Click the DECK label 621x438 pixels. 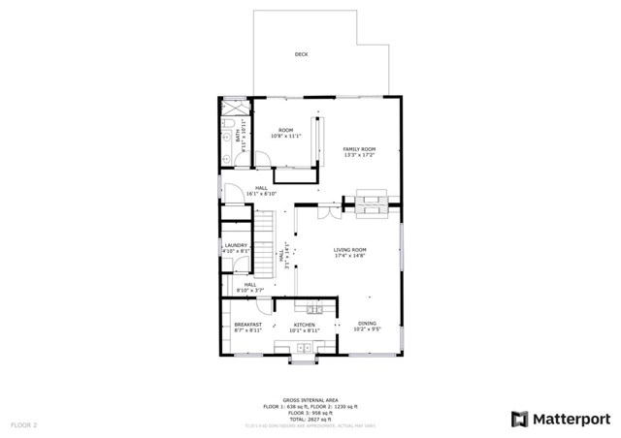[x=302, y=54]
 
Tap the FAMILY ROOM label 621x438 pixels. [x=358, y=148]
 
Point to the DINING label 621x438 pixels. [x=367, y=324]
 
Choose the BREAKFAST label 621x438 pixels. [x=248, y=325]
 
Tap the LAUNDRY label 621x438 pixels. [x=237, y=245]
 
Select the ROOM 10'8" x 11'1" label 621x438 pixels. [x=286, y=130]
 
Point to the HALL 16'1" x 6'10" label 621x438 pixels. [x=262, y=188]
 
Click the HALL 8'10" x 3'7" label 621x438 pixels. [x=250, y=285]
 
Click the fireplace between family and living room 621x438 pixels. [x=369, y=203]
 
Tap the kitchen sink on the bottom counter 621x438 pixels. [x=304, y=346]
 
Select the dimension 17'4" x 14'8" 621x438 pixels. [x=351, y=256]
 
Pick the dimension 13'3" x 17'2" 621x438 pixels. [x=358, y=155]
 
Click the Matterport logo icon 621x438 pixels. [x=520, y=419]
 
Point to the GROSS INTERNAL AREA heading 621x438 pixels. [x=310, y=399]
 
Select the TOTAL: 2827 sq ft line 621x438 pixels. [x=310, y=418]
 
